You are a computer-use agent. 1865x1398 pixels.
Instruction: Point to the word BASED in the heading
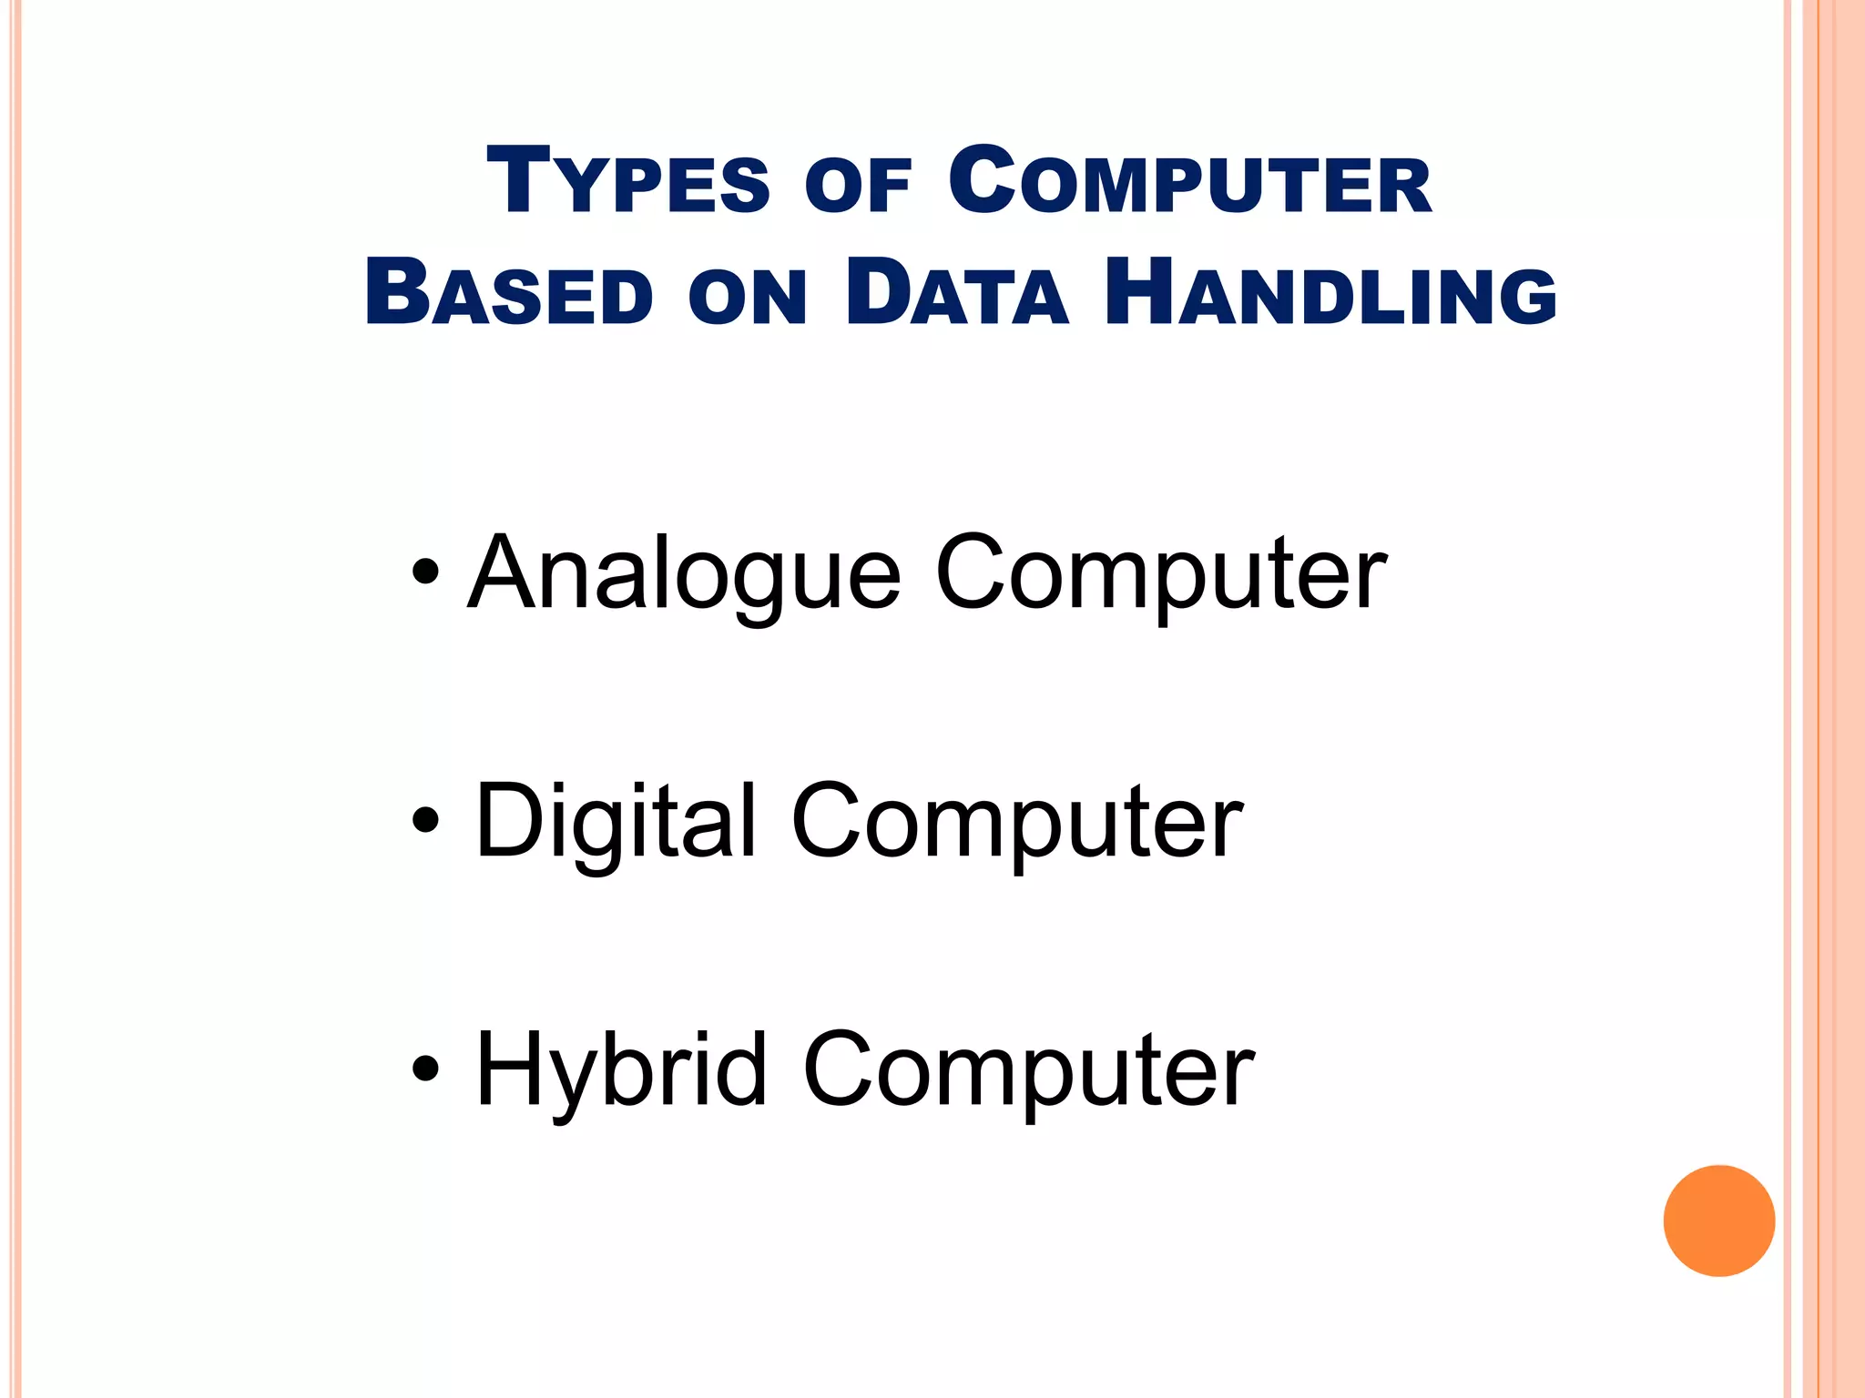coord(508,294)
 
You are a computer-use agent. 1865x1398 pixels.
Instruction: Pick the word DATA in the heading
coord(956,294)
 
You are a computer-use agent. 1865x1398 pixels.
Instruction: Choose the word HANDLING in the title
coord(1330,294)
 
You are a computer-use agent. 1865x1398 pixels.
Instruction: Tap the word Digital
coord(616,823)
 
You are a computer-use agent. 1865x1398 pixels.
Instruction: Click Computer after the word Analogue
coord(1161,573)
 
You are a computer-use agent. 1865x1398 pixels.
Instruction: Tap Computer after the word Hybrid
coord(1028,1070)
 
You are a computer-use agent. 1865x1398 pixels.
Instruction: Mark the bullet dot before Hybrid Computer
coord(425,1068)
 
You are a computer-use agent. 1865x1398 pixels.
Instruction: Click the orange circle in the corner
coord(1718,1221)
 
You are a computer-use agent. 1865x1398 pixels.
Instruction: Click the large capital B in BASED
coord(394,292)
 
